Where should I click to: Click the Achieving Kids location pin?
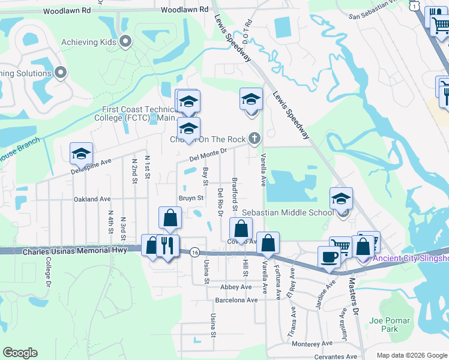[x=125, y=42]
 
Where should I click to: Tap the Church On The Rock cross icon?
[x=255, y=139]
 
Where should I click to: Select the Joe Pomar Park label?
[x=384, y=325]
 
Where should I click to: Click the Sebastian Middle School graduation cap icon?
[x=341, y=199]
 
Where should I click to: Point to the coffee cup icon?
[x=328, y=257]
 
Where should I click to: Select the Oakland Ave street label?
[x=92, y=199]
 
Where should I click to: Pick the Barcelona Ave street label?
[x=237, y=299]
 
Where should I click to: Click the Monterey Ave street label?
[x=312, y=343]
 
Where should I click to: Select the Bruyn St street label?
[x=191, y=197]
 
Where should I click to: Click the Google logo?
[x=20, y=353]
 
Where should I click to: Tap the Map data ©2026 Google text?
[x=412, y=355]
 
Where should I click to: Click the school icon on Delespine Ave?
[x=81, y=154]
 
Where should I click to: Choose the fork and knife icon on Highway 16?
[x=167, y=245]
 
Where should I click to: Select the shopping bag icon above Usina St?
[x=170, y=218]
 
